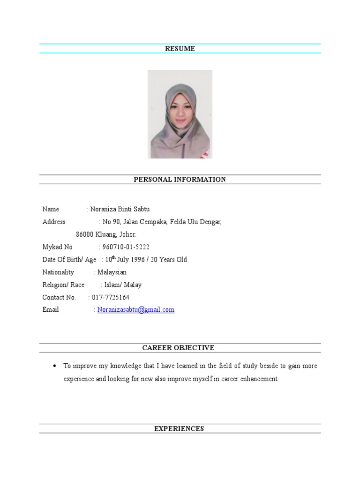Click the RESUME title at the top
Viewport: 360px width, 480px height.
click(x=180, y=49)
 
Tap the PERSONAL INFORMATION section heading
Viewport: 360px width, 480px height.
click(x=180, y=180)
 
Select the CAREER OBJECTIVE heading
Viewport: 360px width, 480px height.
click(x=178, y=348)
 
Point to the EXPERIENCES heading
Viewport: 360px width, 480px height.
click(x=179, y=428)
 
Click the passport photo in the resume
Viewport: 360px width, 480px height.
click(x=180, y=114)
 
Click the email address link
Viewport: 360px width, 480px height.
click(x=136, y=310)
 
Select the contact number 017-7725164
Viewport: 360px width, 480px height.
click(x=111, y=297)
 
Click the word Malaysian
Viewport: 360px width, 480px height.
click(x=112, y=272)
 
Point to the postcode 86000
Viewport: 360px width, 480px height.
click(x=85, y=234)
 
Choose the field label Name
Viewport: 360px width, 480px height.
click(x=51, y=209)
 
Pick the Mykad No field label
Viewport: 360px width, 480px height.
click(x=58, y=247)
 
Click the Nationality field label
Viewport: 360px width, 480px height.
click(x=58, y=272)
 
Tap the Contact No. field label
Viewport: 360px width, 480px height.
click(x=59, y=297)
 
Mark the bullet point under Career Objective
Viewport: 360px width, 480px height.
click(x=55, y=366)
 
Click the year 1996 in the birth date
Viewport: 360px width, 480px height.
click(x=137, y=260)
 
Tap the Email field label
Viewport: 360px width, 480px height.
click(x=51, y=310)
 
